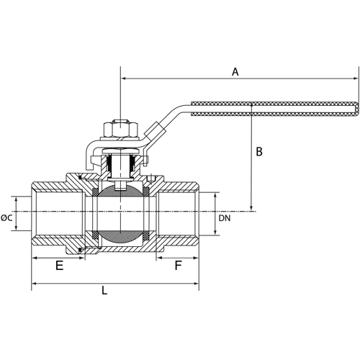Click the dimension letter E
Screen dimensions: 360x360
[x=59, y=266]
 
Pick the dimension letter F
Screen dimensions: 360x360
[x=178, y=266]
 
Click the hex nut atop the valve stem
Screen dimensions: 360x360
[x=118, y=127]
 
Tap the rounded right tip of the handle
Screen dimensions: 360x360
[x=356, y=108]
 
